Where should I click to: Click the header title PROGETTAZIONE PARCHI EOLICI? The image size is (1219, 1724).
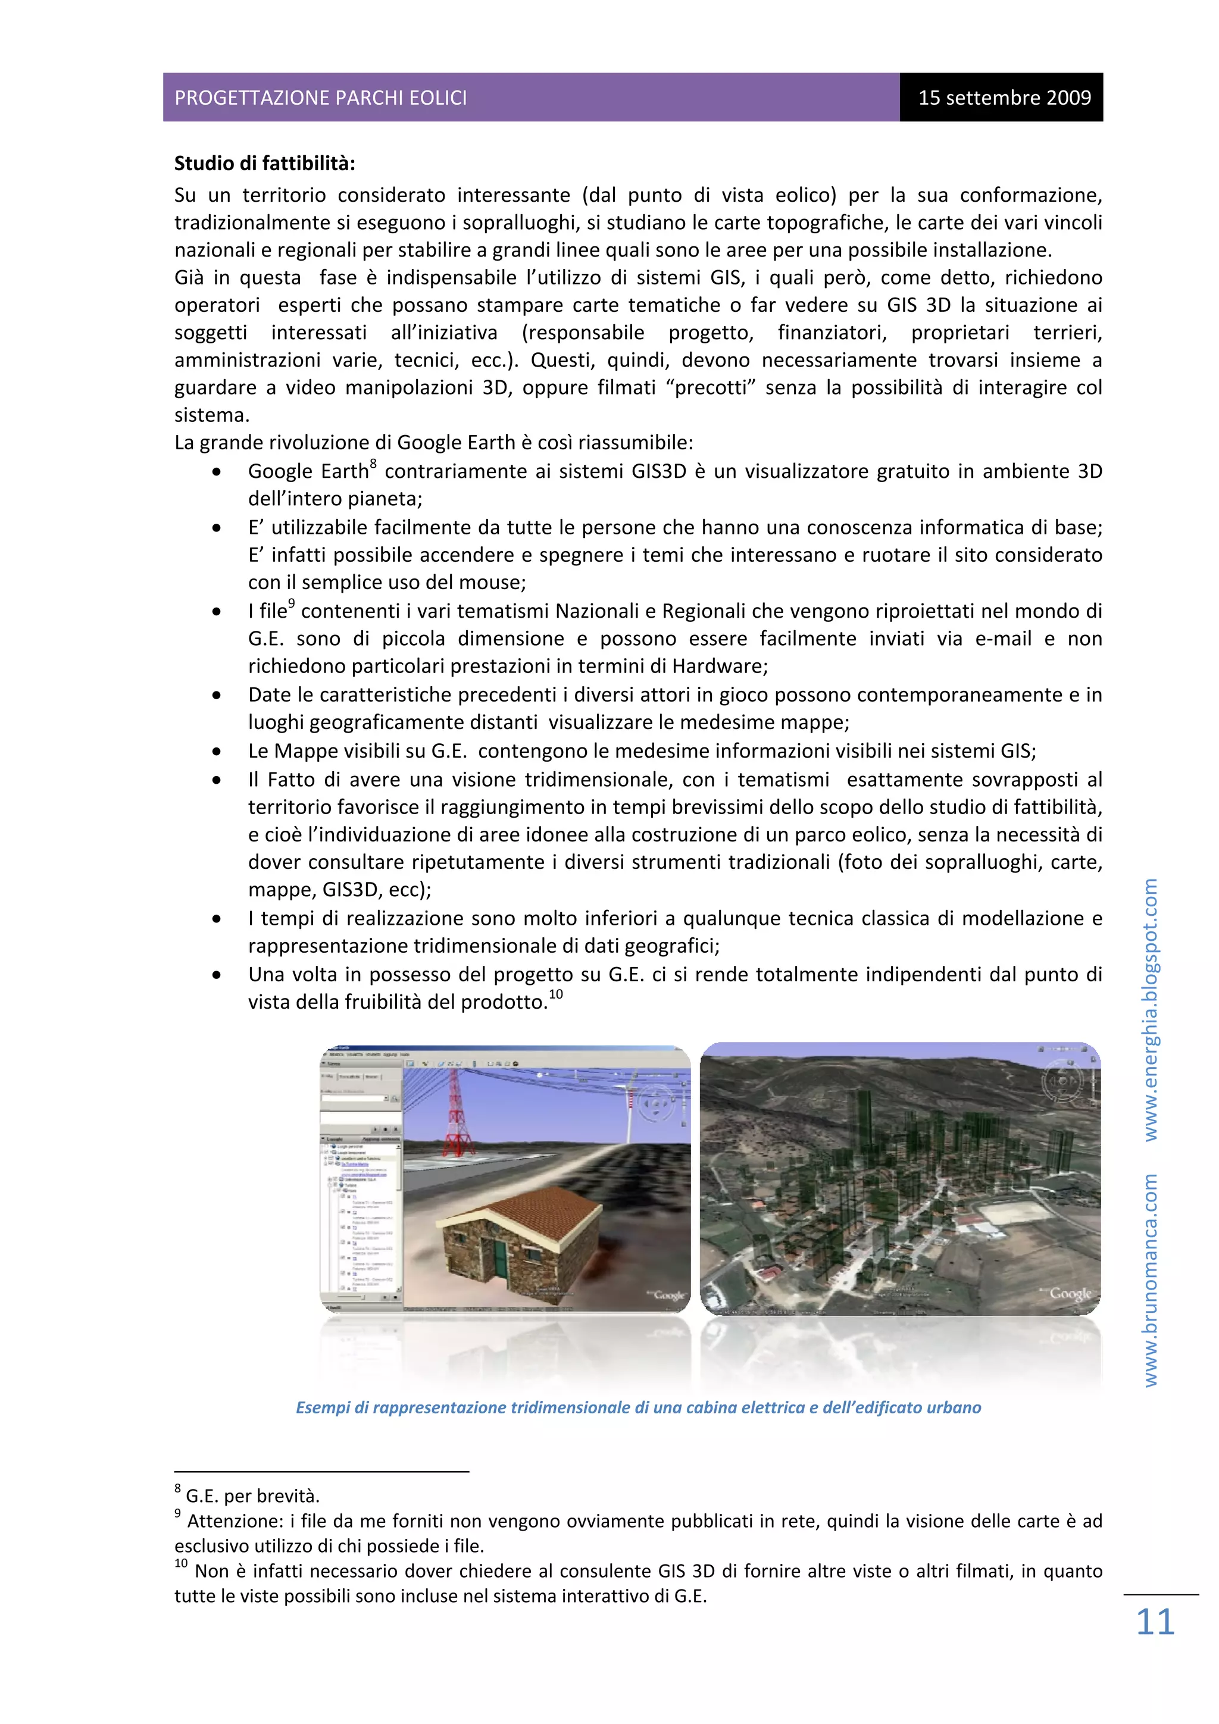pyautogui.click(x=321, y=98)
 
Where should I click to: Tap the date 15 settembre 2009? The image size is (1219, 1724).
pyautogui.click(x=1004, y=98)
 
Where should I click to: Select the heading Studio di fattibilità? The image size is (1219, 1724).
pyautogui.click(x=264, y=163)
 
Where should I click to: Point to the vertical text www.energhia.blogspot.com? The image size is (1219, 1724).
pyautogui.click(x=1150, y=1009)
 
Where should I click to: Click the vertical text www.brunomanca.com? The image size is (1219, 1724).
pyautogui.click(x=1150, y=1279)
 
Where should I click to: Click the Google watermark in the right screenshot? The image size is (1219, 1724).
pyautogui.click(x=1070, y=1294)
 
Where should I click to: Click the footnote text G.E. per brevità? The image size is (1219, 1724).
pyautogui.click(x=252, y=1495)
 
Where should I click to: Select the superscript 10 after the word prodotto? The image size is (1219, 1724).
pyautogui.click(x=556, y=995)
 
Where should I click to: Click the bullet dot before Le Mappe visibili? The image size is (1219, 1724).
pyautogui.click(x=216, y=752)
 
